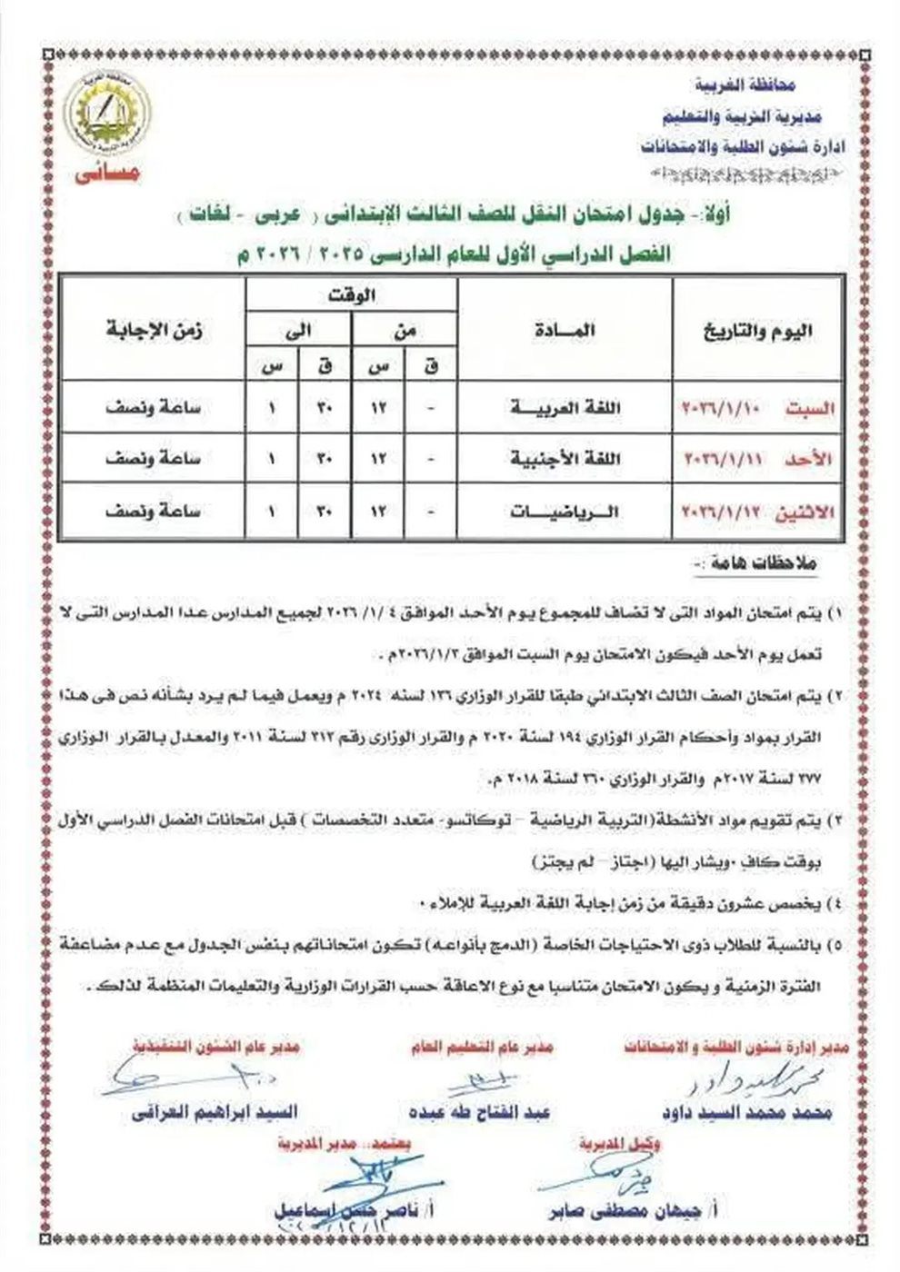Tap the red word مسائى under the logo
[110, 173]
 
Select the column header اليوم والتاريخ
[760, 330]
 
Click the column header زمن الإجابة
[154, 330]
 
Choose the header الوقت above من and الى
[351, 294]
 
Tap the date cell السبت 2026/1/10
[758, 408]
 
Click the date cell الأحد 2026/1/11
[758, 460]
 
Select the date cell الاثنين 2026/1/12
[758, 512]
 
